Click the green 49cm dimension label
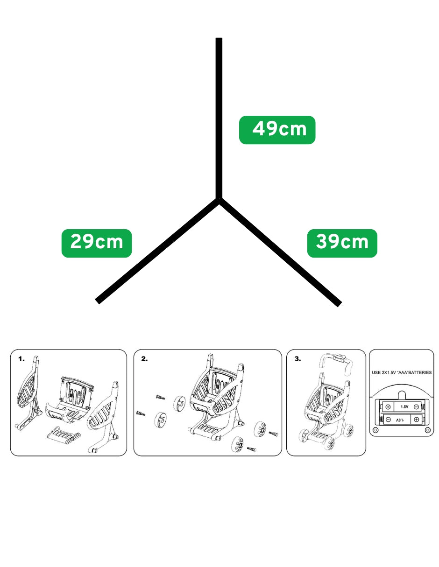(x=277, y=130)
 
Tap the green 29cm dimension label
(x=97, y=243)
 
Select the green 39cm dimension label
(x=342, y=243)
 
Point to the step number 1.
(x=21, y=359)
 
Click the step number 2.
(x=144, y=359)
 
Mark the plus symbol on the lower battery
(x=416, y=420)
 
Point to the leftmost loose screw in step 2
(x=141, y=413)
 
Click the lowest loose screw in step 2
(x=252, y=449)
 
